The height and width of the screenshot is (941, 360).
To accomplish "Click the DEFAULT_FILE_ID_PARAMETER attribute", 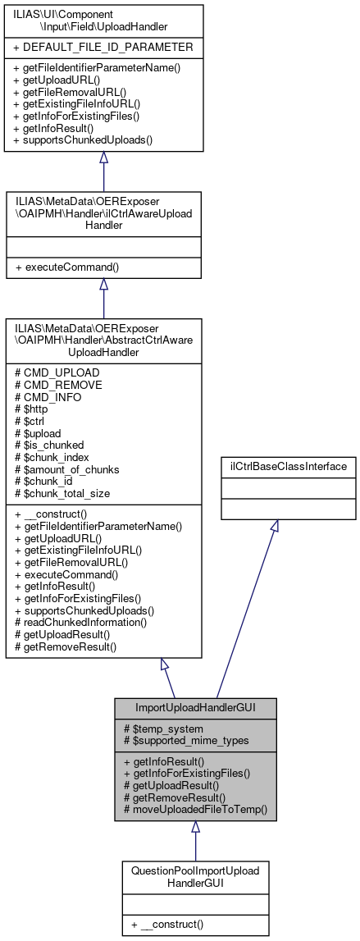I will click(103, 47).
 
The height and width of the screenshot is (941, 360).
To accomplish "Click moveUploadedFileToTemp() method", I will click(196, 808).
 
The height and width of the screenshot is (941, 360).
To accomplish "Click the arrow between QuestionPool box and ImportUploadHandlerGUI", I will click(194, 839).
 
